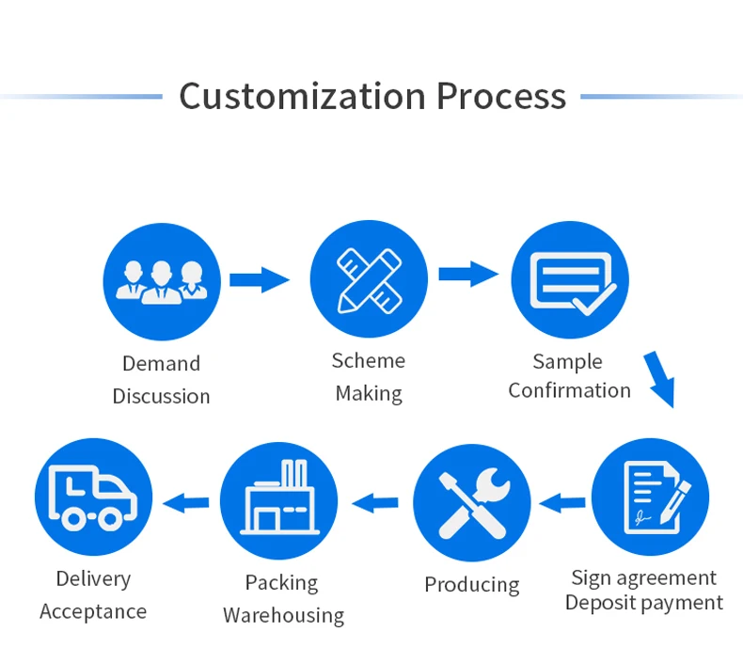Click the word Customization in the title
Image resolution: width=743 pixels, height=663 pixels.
pyautogui.click(x=300, y=96)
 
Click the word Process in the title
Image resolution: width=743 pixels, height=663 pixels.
pyautogui.click(x=500, y=96)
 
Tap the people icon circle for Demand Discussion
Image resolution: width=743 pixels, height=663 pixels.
pyautogui.click(x=161, y=279)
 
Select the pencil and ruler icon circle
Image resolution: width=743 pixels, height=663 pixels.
pyautogui.click(x=369, y=278)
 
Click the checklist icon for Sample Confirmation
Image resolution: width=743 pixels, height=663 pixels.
pyautogui.click(x=570, y=279)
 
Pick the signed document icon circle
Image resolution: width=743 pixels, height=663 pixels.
pyautogui.click(x=650, y=497)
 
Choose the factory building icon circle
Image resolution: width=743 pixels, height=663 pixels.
pyautogui.click(x=279, y=502)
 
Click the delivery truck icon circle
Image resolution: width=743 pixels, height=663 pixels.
pyautogui.click(x=93, y=497)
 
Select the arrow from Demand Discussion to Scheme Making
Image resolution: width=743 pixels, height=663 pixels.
pyautogui.click(x=260, y=278)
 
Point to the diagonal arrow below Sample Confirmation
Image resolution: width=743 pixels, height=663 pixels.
pyautogui.click(x=660, y=378)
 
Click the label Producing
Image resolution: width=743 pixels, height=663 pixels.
pyautogui.click(x=471, y=585)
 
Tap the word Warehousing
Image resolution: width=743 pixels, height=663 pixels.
pyautogui.click(x=283, y=616)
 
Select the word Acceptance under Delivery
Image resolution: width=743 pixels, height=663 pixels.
pyautogui.click(x=93, y=612)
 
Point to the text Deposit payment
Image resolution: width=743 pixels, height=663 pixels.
pyautogui.click(x=644, y=603)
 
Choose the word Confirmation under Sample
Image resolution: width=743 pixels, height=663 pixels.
pyautogui.click(x=569, y=390)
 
